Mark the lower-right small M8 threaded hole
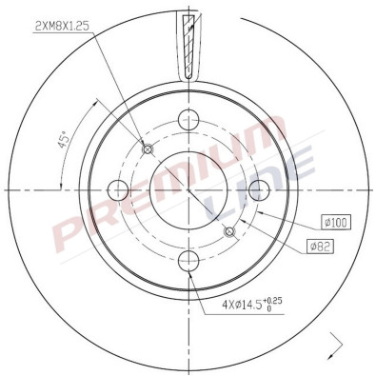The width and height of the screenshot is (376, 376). (228, 230)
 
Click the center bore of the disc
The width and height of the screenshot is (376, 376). (188, 189)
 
